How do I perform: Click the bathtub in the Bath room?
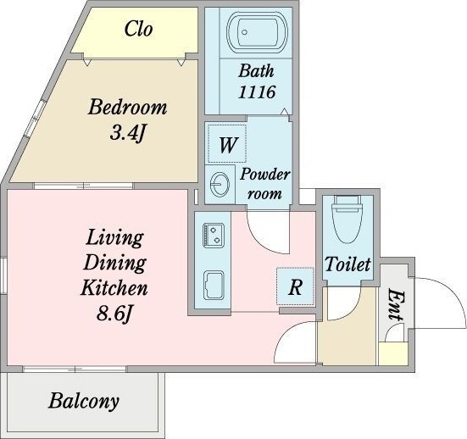[257, 32]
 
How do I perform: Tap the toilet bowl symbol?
[347, 219]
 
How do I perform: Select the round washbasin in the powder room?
[220, 185]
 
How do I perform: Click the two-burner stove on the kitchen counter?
[214, 236]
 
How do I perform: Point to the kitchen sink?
[214, 285]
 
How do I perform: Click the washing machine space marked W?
[227, 144]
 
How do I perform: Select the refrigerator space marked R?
[295, 286]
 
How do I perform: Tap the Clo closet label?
[138, 29]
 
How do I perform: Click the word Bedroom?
[127, 108]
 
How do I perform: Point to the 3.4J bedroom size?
[127, 133]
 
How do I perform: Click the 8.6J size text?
[114, 314]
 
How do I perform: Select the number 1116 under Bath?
[257, 92]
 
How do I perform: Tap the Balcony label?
[84, 402]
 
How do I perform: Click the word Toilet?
[347, 264]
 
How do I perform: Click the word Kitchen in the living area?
[114, 287]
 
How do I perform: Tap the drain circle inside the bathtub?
[245, 32]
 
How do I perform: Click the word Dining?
[114, 264]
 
